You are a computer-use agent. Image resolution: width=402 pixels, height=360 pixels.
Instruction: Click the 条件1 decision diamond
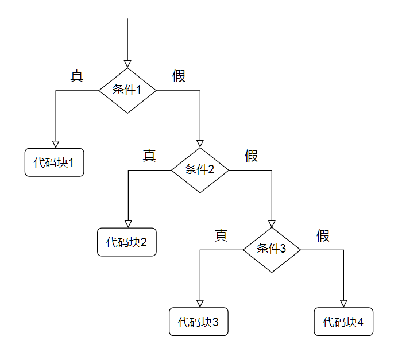coord(127,90)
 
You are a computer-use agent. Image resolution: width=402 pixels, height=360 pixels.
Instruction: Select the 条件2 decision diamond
coord(200,170)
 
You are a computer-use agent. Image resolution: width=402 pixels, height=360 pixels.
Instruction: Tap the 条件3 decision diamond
coord(272,249)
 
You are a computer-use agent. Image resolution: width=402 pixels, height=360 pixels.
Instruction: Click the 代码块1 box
coord(55,162)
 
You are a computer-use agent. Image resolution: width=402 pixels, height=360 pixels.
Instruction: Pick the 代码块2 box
coord(127,242)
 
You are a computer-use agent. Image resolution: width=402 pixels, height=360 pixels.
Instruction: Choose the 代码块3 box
coord(199,322)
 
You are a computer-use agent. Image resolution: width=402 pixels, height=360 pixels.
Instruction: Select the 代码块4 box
coord(343,322)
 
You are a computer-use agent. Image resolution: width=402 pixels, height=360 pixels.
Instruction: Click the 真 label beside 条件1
coord(77,76)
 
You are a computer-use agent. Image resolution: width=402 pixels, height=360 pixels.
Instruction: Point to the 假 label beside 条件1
coord(179,76)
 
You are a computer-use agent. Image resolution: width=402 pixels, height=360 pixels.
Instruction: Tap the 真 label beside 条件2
coord(149,156)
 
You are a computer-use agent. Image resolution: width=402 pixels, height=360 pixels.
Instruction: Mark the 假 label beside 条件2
coord(252,156)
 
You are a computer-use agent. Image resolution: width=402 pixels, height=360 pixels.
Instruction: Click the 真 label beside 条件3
coord(221,235)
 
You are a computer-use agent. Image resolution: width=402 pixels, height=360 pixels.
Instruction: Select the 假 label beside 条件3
coord(323,235)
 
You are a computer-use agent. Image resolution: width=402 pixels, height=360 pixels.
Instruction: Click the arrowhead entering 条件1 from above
coord(127,64)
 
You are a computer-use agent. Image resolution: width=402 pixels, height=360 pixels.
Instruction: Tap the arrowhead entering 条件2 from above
coord(200,144)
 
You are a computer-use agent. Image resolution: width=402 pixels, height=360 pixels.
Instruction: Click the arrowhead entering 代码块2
coord(128,223)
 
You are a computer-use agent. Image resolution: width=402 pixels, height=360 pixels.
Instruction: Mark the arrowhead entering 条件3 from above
coord(272,223)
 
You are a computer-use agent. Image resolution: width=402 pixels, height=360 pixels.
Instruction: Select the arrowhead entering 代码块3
coord(200,303)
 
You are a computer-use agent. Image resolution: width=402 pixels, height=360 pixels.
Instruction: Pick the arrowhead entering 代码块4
coord(343,303)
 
